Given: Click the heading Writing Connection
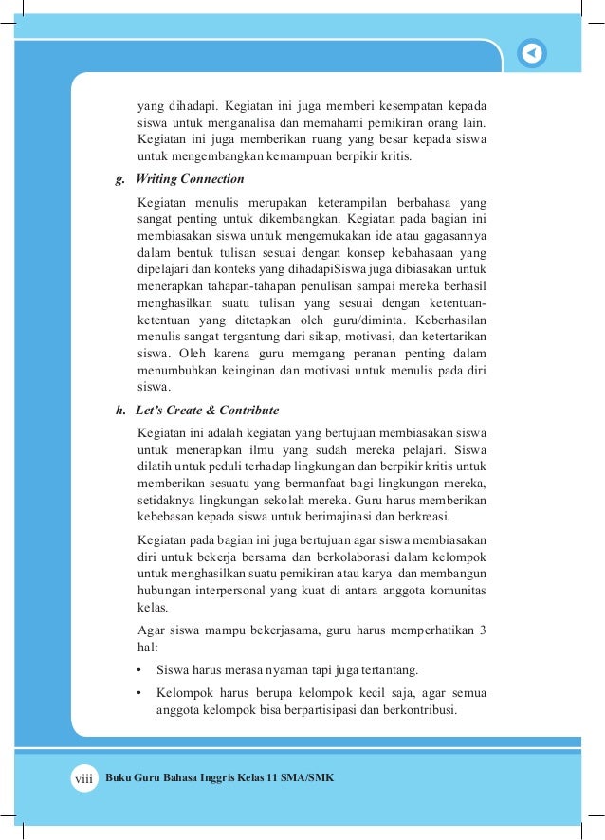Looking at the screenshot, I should click(x=191, y=179).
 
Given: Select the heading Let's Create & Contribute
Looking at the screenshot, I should click(x=208, y=411).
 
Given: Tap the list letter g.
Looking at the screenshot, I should click(x=119, y=179).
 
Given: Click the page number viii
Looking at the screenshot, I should click(x=85, y=777).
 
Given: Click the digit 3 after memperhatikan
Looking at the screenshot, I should click(x=483, y=630).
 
